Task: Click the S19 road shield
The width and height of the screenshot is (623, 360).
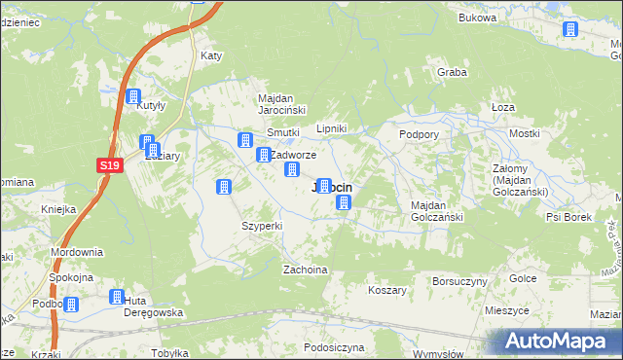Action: click(x=110, y=166)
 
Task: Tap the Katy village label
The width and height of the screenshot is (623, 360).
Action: click(x=211, y=55)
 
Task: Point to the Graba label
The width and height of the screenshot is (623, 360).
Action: click(x=453, y=72)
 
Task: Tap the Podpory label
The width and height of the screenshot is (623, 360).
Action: click(x=420, y=134)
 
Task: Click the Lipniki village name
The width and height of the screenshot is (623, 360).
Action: click(x=333, y=128)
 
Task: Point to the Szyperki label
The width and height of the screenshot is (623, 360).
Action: click(x=262, y=226)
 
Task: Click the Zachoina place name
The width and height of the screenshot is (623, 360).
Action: click(x=304, y=269)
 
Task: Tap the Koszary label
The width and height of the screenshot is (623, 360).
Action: click(x=387, y=290)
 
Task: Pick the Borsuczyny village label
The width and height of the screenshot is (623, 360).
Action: click(x=459, y=280)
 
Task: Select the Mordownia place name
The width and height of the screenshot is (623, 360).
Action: click(x=77, y=252)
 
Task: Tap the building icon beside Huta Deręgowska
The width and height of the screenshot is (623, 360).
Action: click(x=117, y=298)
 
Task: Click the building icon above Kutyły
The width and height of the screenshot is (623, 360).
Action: click(x=133, y=96)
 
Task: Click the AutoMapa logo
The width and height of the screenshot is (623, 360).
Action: click(x=559, y=342)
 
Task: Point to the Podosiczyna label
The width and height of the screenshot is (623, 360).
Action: click(x=333, y=347)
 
